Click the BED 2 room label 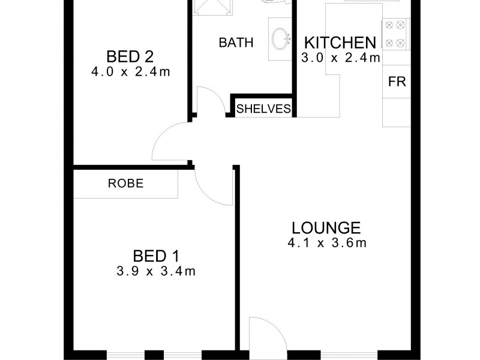click(x=130, y=57)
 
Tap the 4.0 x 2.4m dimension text click(x=130, y=72)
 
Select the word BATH click(x=236, y=43)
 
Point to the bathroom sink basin click(x=280, y=39)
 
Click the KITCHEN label click(x=340, y=43)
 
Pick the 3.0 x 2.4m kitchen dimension click(x=340, y=58)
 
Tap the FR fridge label click(x=397, y=82)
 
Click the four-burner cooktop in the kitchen click(x=394, y=34)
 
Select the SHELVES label click(x=263, y=109)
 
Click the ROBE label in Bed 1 click(x=126, y=184)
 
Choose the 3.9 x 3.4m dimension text click(x=155, y=271)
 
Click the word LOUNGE click(x=326, y=228)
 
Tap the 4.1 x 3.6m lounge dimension click(x=326, y=243)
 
